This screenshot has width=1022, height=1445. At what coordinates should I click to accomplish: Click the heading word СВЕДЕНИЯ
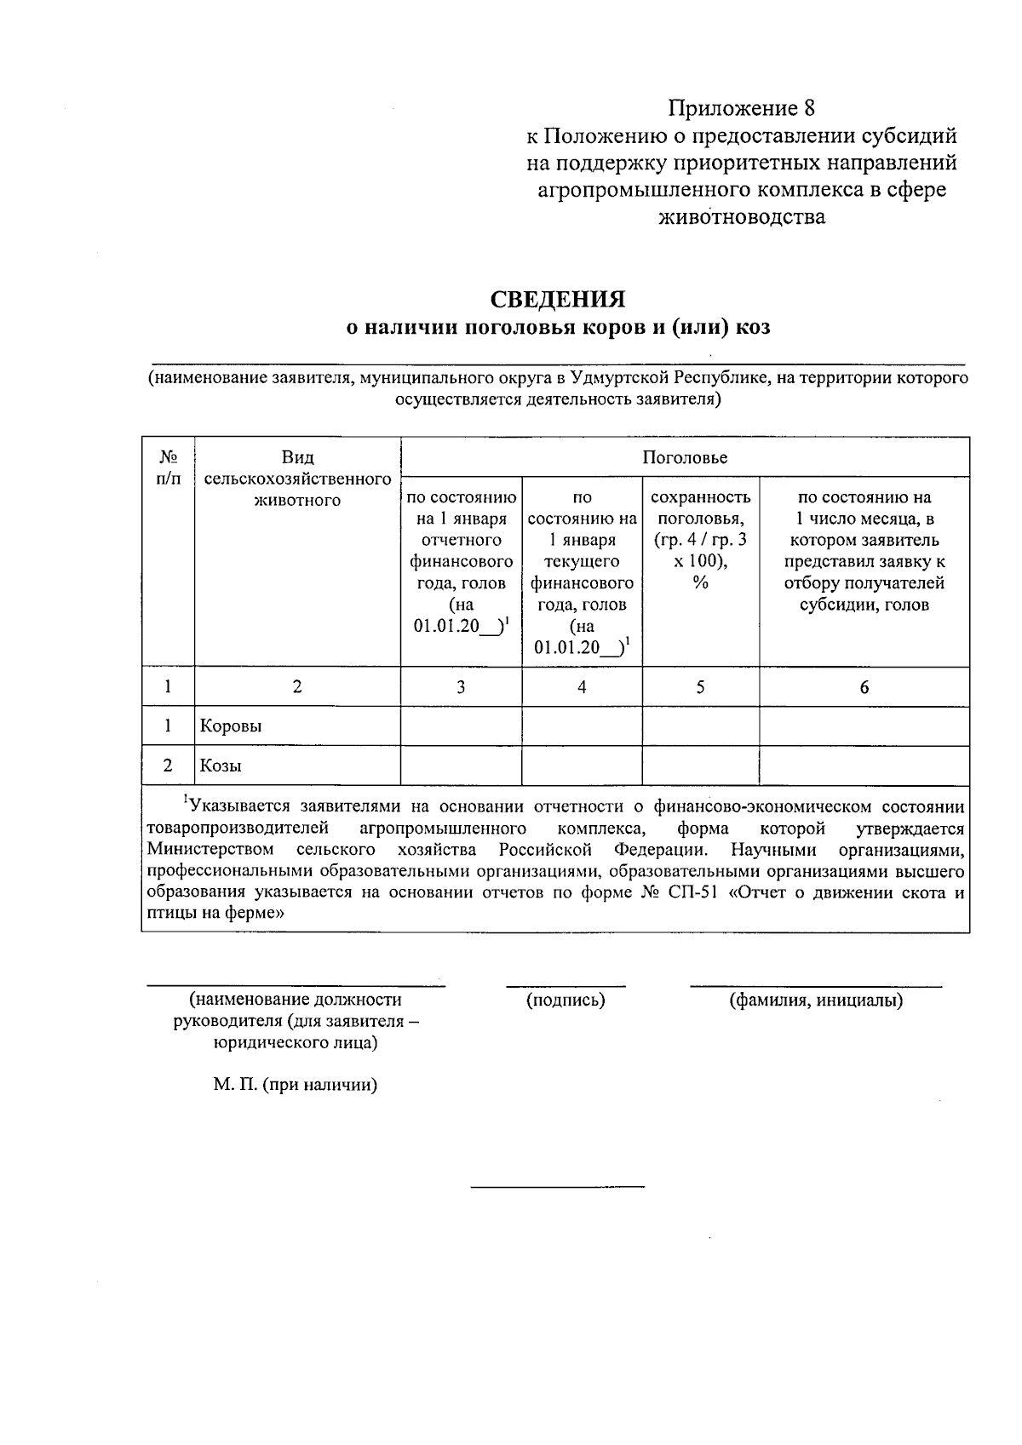557,299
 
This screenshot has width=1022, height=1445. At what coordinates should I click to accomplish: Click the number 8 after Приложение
809,108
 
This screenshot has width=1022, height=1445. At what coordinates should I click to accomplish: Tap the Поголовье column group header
684,458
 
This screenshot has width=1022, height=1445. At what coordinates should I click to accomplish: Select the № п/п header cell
168,467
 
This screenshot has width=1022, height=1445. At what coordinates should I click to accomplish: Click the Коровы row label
231,726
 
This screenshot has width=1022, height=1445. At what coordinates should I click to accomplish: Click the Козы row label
221,766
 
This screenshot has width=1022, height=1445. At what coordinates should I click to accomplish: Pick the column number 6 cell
864,687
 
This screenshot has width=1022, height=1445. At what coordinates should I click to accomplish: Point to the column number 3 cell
461,687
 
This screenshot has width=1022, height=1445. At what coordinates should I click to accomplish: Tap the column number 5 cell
700,687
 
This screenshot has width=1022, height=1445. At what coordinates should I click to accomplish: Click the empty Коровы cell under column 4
582,726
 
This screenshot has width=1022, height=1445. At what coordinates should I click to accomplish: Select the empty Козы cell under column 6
864,766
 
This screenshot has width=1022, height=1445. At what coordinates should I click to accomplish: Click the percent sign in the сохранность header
700,583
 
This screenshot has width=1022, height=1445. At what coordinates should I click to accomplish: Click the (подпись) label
566,1001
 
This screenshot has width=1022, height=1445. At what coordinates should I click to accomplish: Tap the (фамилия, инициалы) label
816,1001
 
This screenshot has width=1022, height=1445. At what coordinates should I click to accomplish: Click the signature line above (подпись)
566,986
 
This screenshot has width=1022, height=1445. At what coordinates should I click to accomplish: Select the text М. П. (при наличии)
296,1085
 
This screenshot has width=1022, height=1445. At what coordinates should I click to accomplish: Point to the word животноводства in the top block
742,217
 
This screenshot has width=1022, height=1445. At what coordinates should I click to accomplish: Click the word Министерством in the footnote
210,850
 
